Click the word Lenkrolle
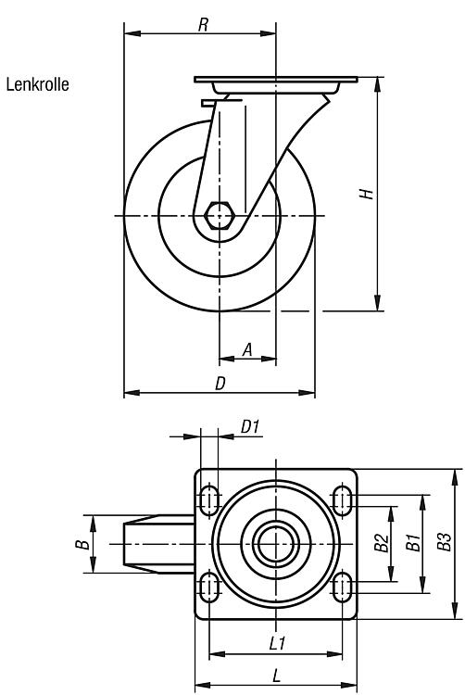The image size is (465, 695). [x=38, y=84]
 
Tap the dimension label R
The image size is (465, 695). [x=203, y=25]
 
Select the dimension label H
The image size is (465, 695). [x=367, y=194]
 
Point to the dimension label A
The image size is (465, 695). [x=247, y=349]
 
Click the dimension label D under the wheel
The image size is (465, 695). [x=220, y=384]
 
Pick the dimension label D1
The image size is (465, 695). [x=250, y=427]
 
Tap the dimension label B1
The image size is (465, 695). [x=413, y=543]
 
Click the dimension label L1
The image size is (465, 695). [x=277, y=643]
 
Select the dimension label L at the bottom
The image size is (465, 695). [x=276, y=676]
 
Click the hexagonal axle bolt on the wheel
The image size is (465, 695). [x=219, y=215]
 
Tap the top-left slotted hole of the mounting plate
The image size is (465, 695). [x=209, y=500]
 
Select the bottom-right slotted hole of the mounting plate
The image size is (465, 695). [x=342, y=588]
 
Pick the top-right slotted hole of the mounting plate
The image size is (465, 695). [x=342, y=500]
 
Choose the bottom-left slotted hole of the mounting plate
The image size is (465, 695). [x=209, y=588]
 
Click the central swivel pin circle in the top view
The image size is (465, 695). [x=275, y=544]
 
